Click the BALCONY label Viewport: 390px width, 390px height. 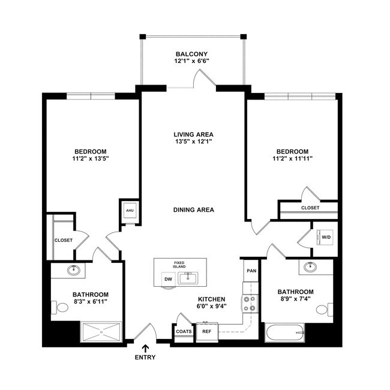[193, 53]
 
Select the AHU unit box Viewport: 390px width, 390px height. [130, 211]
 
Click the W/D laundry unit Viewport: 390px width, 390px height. [326, 236]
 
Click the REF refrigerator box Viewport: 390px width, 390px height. [206, 331]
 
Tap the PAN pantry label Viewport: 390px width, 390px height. [251, 271]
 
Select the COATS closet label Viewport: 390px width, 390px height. [184, 331]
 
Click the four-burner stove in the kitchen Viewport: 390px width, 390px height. [250, 304]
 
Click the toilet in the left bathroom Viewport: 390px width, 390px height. [61, 308]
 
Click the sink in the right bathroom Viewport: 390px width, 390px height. [310, 267]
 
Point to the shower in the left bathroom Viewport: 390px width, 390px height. [101, 331]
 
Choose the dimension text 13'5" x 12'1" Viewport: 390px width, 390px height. [193, 142]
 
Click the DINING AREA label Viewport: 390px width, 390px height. [193, 210]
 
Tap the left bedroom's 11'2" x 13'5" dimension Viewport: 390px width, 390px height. [91, 158]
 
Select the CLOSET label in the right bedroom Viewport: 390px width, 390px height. [310, 208]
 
